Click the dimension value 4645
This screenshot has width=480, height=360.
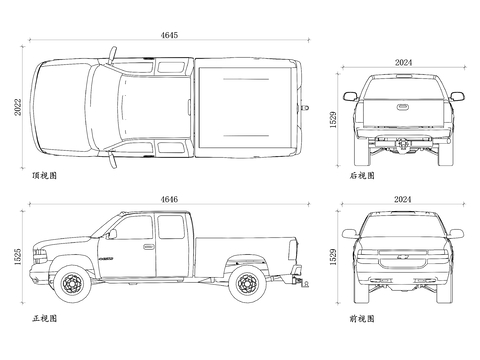(169, 35)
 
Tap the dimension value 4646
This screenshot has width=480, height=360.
(169, 199)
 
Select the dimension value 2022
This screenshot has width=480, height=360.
(18, 107)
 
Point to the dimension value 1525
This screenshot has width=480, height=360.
(18, 257)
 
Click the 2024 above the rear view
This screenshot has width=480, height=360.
(403, 62)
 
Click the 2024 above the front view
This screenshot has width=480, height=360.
(403, 199)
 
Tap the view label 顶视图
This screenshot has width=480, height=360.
(45, 175)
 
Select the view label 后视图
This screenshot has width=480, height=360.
(362, 175)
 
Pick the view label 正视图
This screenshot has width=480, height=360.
(45, 318)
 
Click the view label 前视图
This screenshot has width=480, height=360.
(362, 319)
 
